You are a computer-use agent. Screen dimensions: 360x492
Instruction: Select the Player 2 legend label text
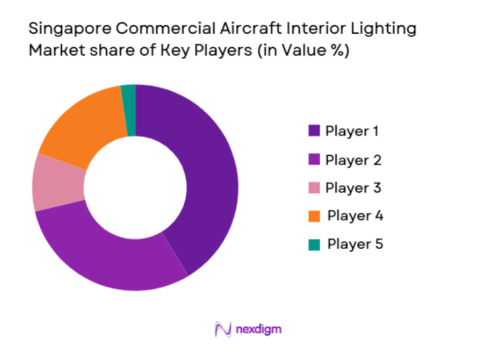coord(353,159)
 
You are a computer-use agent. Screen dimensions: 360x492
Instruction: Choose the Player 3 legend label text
coord(353,187)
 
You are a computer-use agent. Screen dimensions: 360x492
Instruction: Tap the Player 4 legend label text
coord(355,216)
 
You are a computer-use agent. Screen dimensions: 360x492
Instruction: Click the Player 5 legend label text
coord(355,244)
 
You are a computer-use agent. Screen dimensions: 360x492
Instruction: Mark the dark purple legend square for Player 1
coord(314,131)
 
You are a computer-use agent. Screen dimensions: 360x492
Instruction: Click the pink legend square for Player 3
coord(314,188)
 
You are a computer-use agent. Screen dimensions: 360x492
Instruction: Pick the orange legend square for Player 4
coord(314,216)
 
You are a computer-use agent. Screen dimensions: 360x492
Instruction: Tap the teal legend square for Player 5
coord(314,244)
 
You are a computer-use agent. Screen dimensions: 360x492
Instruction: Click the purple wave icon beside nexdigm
coord(224,329)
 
